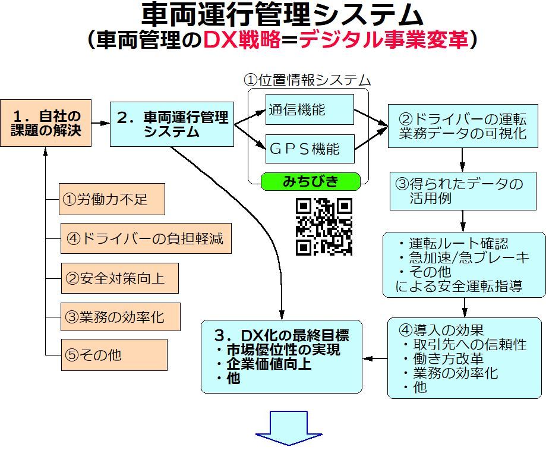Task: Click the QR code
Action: pos(324,227)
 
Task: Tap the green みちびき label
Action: pos(311,181)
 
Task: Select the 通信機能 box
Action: pos(310,109)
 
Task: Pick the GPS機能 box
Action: pos(310,149)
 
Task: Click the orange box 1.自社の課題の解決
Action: pos(46,122)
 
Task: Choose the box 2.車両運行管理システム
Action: pos(172,124)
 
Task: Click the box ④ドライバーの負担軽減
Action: pos(146,239)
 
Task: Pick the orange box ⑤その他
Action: pos(113,355)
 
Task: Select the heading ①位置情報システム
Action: pos(308,80)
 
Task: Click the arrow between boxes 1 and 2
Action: pos(101,123)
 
